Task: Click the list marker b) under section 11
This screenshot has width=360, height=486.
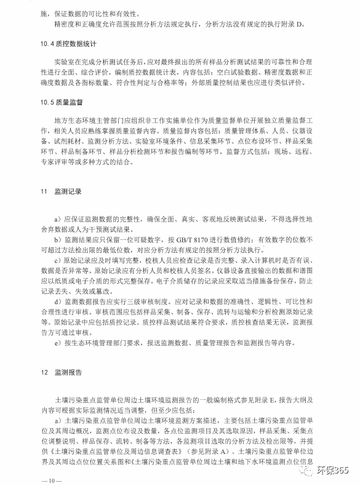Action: click(57, 239)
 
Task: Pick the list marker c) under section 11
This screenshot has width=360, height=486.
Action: click(57, 260)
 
